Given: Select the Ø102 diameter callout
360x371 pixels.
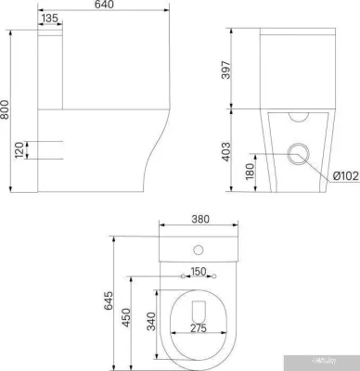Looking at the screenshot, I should click(346, 174).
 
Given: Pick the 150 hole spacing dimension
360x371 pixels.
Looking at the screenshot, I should click(198, 271).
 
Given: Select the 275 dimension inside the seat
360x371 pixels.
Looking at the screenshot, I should click(198, 329).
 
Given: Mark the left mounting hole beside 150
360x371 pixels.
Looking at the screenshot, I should click(182, 277).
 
